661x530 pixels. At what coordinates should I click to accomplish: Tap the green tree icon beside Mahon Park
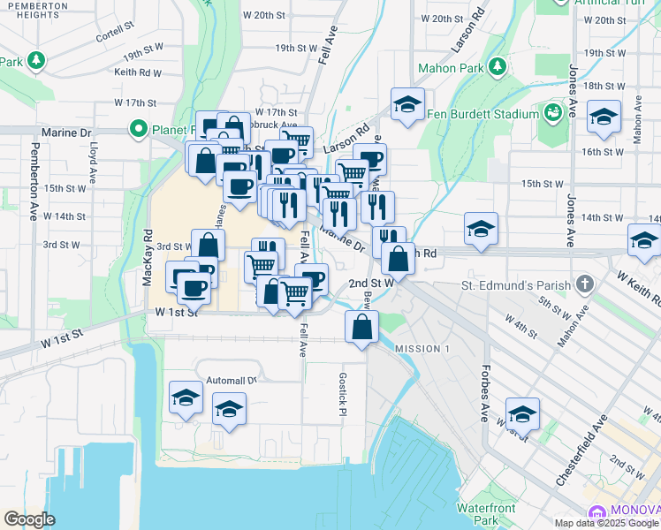[498, 65]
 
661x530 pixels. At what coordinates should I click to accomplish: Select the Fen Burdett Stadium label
[482, 114]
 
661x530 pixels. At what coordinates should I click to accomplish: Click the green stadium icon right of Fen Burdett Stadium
[552, 113]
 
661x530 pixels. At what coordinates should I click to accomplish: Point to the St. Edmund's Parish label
[516, 285]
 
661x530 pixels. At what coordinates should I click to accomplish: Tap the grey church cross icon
[583, 284]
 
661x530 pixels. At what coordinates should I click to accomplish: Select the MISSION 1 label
[422, 349]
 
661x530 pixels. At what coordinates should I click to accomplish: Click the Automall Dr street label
[230, 381]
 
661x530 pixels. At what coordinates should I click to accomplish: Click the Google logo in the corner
[29, 519]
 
